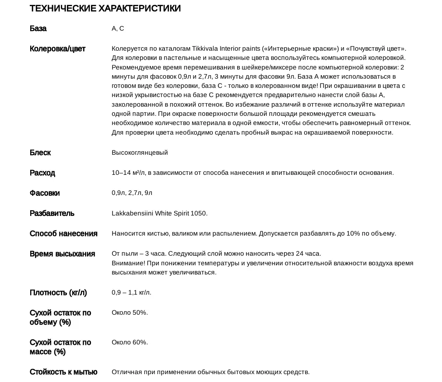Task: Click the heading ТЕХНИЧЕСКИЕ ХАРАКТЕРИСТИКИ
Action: pos(105,8)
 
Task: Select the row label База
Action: pos(38,28)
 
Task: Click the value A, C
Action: pos(118,28)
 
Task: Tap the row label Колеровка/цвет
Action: pos(57,49)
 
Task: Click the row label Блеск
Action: pos(40,153)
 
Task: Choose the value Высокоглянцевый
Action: pos(140,153)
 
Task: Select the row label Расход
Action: pos(42,173)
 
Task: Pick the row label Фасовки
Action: pos(45,193)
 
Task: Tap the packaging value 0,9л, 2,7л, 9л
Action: pos(132,193)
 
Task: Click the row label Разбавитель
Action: pos(52,213)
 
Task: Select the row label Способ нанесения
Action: pos(63,233)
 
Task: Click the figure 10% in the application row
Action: pos(353,233)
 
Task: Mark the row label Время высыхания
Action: pos(62,254)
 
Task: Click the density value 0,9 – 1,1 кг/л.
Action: pos(131,292)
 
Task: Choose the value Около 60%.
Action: pos(130,342)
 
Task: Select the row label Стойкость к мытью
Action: pos(63,372)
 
